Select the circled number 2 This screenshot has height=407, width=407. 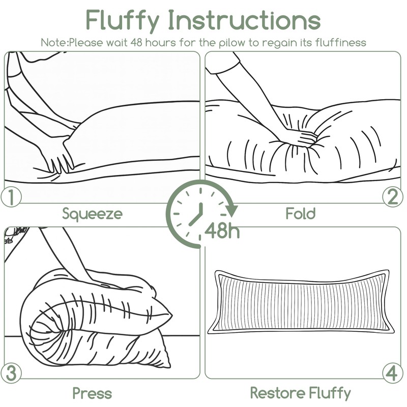click(392, 196)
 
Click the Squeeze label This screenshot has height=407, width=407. click(92, 214)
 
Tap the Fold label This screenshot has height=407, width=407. click(301, 213)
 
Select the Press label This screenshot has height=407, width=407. click(92, 393)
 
